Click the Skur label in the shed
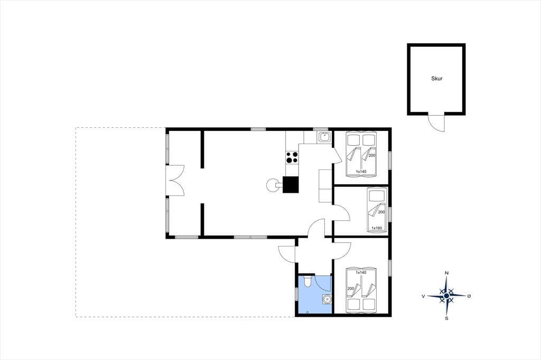click(436, 79)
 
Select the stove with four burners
click(292, 158)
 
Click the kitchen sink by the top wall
click(324, 137)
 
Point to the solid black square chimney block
click(291, 184)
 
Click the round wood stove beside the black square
click(273, 185)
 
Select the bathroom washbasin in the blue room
click(326, 299)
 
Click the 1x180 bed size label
click(376, 228)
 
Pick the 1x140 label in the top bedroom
click(361, 172)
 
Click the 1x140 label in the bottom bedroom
click(361, 272)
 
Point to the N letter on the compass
click(447, 273)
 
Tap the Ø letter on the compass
click(469, 296)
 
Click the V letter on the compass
click(423, 296)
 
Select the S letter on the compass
click(446, 318)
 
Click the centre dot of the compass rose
click(446, 296)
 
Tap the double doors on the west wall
click(175, 181)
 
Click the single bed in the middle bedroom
click(376, 210)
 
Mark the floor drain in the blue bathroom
click(307, 312)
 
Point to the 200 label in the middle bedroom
click(381, 212)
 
